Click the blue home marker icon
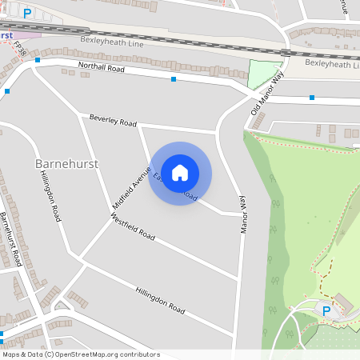click(180, 173)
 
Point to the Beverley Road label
click(113, 121)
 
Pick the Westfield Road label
click(134, 227)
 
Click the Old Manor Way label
click(267, 94)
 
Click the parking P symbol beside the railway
click(28, 13)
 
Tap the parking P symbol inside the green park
click(326, 310)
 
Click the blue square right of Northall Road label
click(174, 79)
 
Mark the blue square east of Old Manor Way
click(312, 98)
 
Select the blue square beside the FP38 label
click(37, 60)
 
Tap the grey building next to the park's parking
click(343, 301)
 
